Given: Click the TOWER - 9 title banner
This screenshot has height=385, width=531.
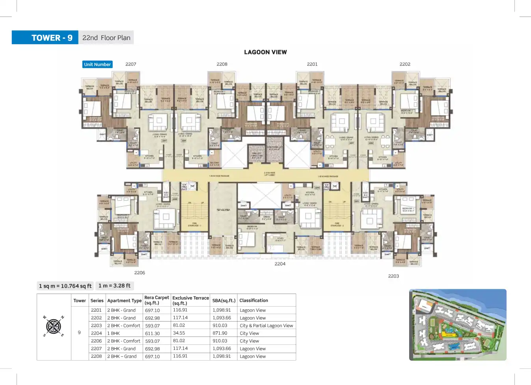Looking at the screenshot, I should [45, 38].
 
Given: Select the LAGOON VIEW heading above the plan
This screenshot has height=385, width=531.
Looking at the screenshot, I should [265, 52].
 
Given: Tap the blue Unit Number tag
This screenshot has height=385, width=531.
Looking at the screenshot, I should [97, 64].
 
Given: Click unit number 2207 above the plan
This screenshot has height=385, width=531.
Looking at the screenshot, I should [131, 64].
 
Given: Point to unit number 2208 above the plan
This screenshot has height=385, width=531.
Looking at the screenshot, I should [222, 64].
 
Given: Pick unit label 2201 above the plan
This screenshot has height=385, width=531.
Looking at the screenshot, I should [312, 64].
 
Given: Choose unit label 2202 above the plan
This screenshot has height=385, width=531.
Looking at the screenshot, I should [405, 64].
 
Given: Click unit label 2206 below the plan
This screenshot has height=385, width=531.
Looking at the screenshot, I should [140, 273].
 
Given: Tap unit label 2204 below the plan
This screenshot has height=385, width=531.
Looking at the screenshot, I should [280, 264].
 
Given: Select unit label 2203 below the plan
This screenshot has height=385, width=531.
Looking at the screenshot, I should [393, 276].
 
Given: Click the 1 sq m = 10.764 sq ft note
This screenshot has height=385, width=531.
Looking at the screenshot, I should [65, 286].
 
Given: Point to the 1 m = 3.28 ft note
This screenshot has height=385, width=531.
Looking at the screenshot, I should [114, 286].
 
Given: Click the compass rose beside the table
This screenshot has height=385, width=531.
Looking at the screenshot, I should [54, 326].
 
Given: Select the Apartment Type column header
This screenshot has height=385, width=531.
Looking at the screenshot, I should [124, 301].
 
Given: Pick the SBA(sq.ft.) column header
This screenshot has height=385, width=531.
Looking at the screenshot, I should [224, 301].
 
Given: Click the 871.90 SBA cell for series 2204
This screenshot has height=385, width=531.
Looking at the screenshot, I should [220, 333].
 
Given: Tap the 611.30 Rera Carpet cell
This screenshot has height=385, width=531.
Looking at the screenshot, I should [152, 333].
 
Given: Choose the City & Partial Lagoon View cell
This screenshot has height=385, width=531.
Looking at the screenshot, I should [266, 326].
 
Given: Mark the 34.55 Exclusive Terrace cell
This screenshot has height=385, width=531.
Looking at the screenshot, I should [179, 333].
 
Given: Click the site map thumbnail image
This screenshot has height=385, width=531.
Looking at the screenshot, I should [458, 325].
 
